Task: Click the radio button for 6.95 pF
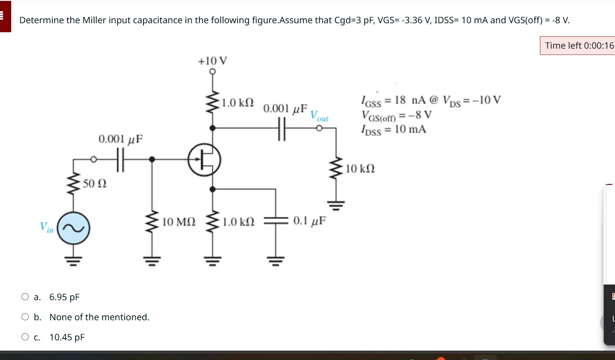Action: point(25,297)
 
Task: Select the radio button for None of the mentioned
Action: point(25,317)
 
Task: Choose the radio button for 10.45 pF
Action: point(25,337)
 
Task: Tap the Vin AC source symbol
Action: point(74,227)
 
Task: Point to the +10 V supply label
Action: point(212,60)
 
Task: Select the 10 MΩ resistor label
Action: point(179,221)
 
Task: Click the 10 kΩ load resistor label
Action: point(360,169)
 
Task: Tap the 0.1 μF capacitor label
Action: point(309,221)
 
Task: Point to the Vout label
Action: point(319,115)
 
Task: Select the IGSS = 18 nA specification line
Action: point(431,100)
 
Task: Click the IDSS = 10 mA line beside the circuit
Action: point(393,130)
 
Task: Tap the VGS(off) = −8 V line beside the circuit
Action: point(397,115)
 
